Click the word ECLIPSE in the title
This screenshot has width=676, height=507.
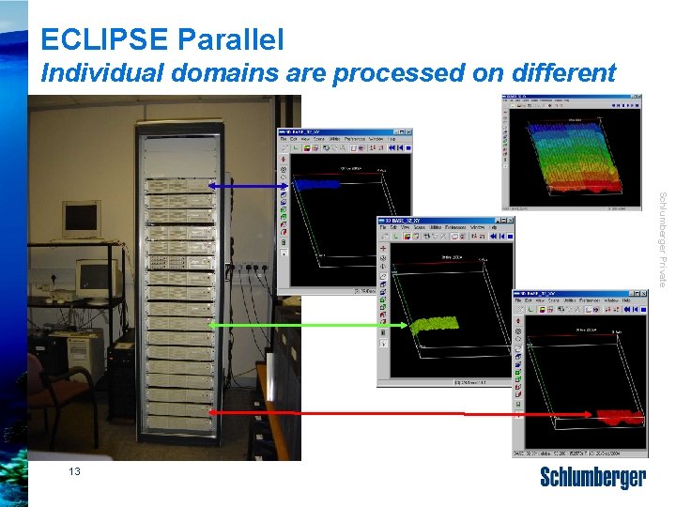[103, 39]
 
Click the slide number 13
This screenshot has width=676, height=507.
[75, 472]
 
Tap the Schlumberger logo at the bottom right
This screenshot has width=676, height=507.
[592, 478]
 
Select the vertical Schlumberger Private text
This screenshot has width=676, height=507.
[662, 239]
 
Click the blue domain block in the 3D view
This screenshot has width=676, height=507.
[317, 185]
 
